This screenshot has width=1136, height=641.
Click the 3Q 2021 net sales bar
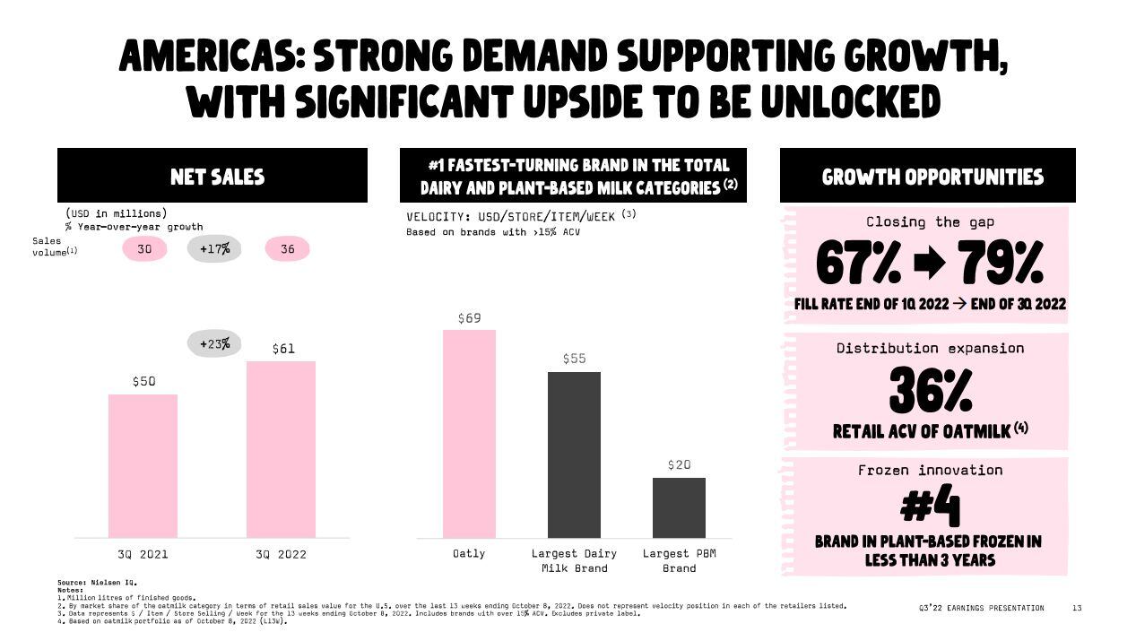(143, 465)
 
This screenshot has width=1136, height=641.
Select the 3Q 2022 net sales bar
(281, 449)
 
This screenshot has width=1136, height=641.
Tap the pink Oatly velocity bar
(469, 434)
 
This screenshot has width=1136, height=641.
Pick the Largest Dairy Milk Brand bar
(574, 455)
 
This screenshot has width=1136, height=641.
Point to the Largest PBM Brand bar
(679, 507)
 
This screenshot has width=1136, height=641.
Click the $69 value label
(469, 318)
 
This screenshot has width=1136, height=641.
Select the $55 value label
(574, 359)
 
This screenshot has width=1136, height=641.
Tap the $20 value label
(679, 464)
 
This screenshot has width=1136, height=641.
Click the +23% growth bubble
(214, 343)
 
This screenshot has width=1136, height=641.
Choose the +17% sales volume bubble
(214, 248)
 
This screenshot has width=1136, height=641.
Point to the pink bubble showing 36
(287, 248)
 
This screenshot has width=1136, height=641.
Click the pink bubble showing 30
(144, 248)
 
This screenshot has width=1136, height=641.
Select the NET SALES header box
(212, 176)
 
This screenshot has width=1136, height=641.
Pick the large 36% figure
(930, 392)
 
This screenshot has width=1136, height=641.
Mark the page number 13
(1077, 608)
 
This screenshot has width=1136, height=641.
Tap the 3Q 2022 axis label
(281, 554)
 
